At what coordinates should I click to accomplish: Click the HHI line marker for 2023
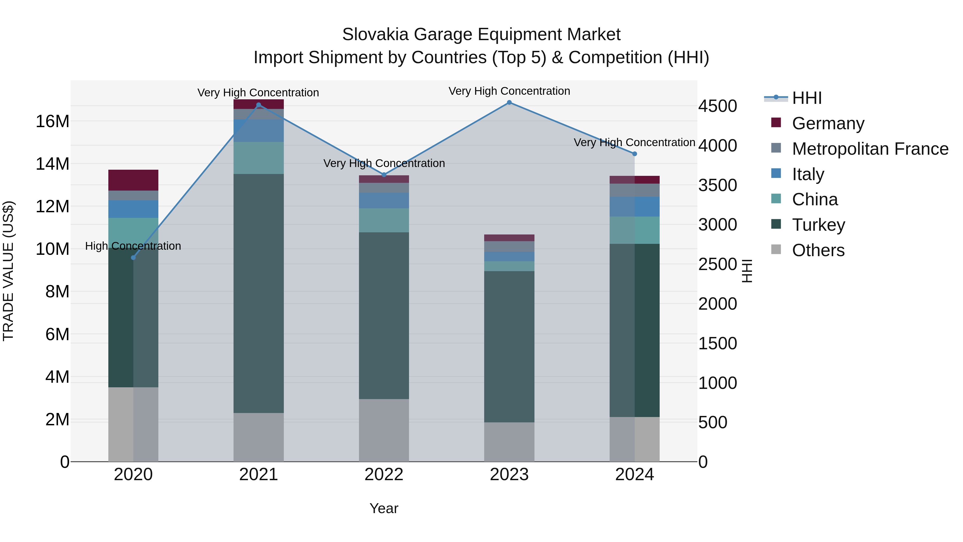[x=509, y=103]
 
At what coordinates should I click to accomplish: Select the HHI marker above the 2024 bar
[x=635, y=154]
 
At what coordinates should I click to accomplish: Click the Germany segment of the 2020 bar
[x=133, y=180]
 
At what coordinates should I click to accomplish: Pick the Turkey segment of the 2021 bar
[x=258, y=293]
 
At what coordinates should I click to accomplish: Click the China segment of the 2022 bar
[x=384, y=220]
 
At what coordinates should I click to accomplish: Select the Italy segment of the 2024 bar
[x=635, y=206]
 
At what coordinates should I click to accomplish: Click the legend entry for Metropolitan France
[x=870, y=149]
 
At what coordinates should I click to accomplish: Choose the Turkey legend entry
[x=818, y=225]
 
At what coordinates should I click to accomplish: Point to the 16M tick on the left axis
[x=52, y=122]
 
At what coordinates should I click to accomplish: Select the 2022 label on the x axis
[x=384, y=475]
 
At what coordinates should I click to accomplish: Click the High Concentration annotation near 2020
[x=133, y=246]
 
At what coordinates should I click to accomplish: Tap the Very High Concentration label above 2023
[x=509, y=91]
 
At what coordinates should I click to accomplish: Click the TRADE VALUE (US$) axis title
[x=8, y=271]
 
